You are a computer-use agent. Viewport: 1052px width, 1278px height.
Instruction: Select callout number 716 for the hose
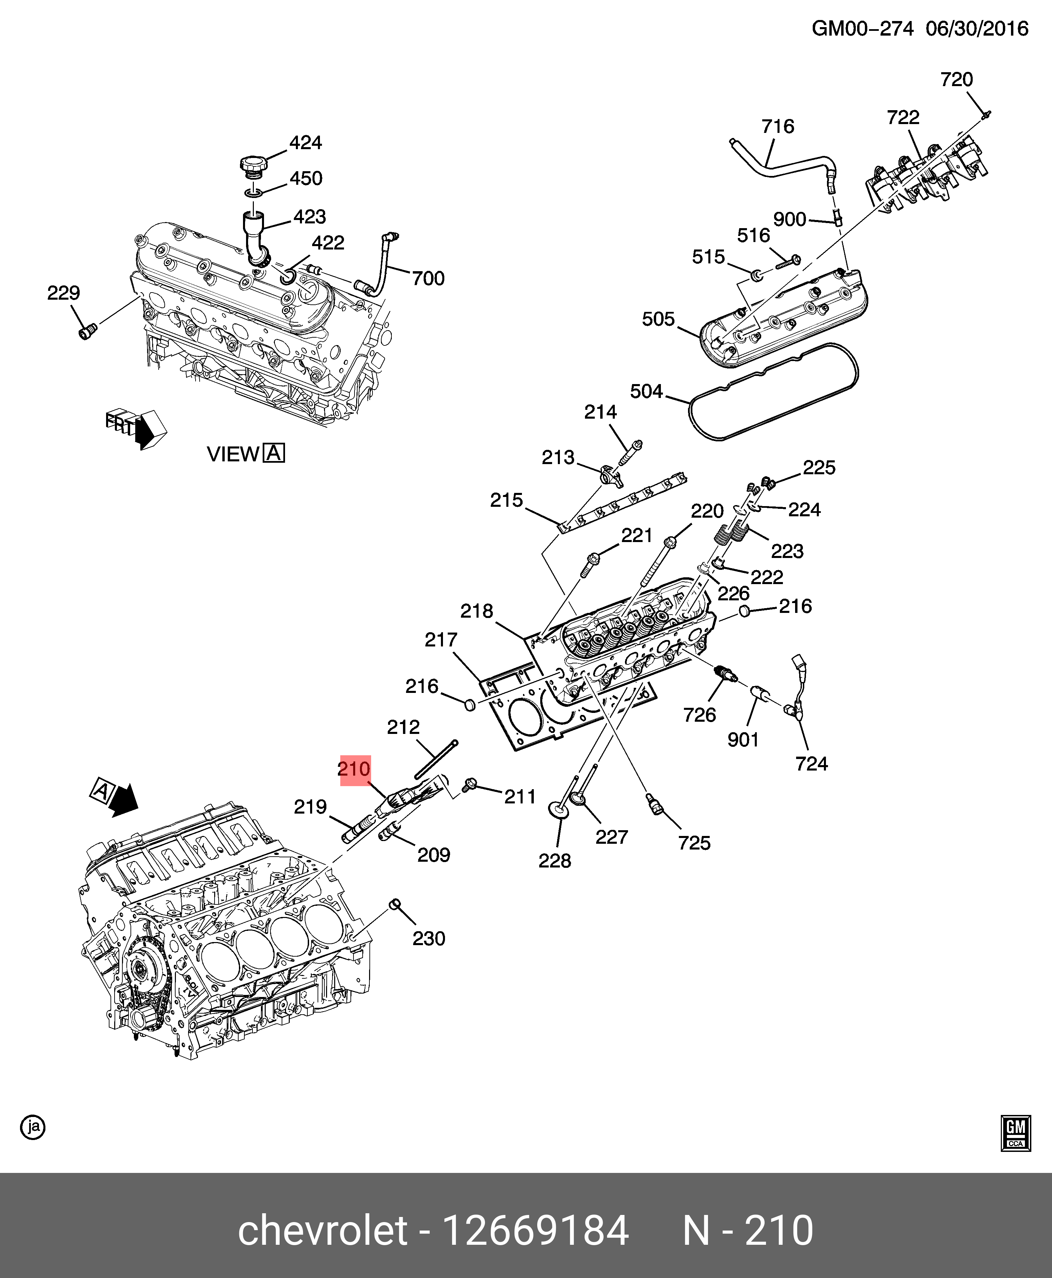pos(777,127)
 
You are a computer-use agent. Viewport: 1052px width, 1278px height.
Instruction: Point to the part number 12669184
pos(536,1231)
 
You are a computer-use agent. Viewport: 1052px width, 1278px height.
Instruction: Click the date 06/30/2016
pos(977,28)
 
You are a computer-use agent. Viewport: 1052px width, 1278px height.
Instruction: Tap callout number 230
pos(428,939)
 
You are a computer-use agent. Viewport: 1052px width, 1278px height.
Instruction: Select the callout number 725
pos(694,843)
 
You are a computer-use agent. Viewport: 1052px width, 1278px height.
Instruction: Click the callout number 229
pos(64,293)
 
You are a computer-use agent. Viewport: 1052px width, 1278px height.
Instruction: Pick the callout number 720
pos(956,79)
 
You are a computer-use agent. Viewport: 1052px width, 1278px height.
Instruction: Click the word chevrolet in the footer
pos(322,1231)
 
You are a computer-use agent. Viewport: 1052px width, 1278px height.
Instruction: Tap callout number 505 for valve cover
pos(658,319)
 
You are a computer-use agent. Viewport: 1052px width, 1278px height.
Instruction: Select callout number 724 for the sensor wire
pos(811,763)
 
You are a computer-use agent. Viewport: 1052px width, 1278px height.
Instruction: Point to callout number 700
pos(428,279)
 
